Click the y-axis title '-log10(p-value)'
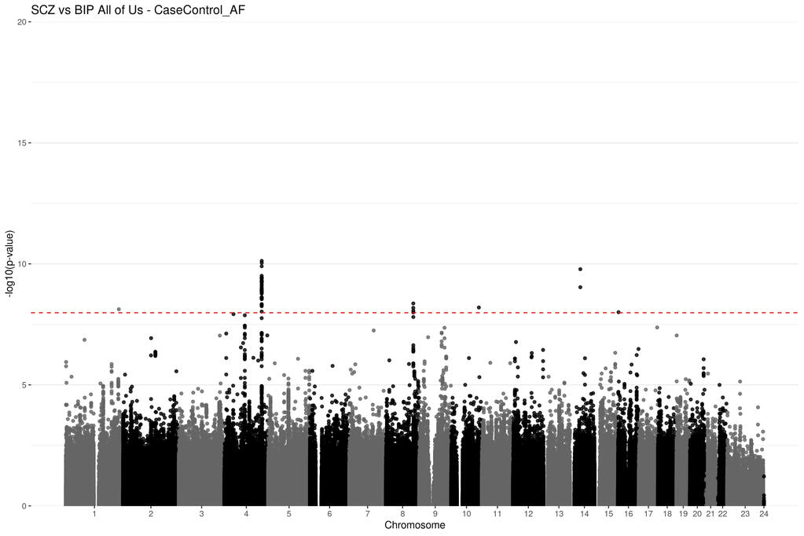click(x=9, y=264)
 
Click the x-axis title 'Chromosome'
click(x=414, y=525)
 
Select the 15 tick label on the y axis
click(x=22, y=143)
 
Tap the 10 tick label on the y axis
click(x=22, y=264)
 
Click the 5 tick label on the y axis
click(x=24, y=385)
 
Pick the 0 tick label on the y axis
click(x=24, y=506)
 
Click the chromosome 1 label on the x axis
click(x=94, y=514)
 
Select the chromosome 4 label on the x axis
click(x=247, y=514)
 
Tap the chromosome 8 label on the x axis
click(x=402, y=514)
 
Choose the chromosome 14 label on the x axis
click(x=585, y=514)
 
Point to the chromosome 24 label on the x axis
click(x=763, y=514)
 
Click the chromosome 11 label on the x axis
click(x=497, y=514)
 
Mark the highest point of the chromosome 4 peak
click(x=262, y=261)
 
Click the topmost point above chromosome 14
click(x=580, y=270)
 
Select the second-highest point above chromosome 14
click(x=580, y=287)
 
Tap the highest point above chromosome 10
click(x=479, y=307)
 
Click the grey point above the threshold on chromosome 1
click(x=119, y=310)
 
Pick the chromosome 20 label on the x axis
click(x=697, y=514)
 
